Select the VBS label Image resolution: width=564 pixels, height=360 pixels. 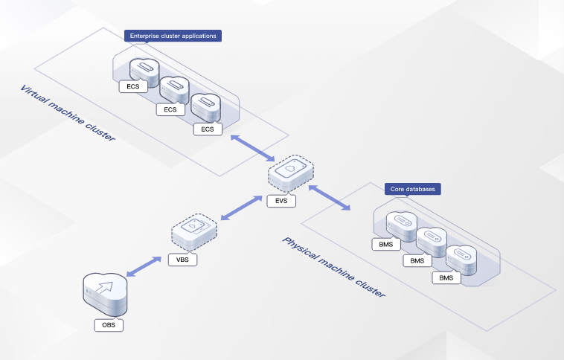(x=182, y=260)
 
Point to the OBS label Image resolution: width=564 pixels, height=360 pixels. (x=108, y=325)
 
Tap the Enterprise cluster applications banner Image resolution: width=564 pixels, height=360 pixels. (x=173, y=35)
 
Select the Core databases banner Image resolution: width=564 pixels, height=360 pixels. (x=412, y=189)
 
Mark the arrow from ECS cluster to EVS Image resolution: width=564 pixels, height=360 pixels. (x=251, y=147)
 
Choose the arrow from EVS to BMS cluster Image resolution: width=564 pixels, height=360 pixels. (x=329, y=197)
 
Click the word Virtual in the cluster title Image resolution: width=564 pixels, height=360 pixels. (x=34, y=97)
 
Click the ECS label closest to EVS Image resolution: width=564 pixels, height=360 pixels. (x=208, y=129)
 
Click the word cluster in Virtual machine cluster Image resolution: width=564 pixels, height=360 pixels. (x=102, y=132)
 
